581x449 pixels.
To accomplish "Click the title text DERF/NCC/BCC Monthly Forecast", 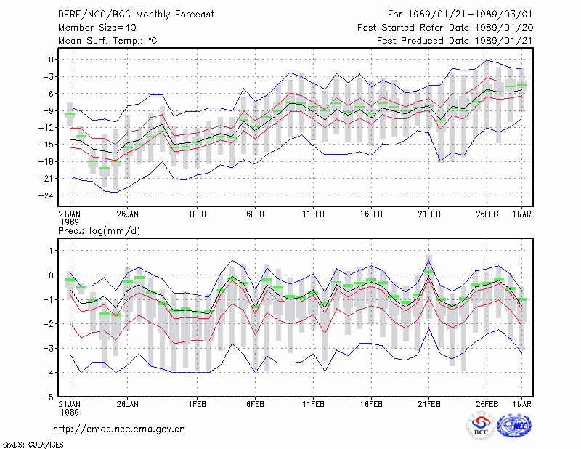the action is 136,15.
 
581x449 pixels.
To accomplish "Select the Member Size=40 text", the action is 97,28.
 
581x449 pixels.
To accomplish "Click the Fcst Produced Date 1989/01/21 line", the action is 455,41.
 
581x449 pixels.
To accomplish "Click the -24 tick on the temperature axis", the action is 46,195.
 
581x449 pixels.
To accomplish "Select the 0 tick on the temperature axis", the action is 51,60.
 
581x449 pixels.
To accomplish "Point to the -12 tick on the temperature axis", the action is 46,128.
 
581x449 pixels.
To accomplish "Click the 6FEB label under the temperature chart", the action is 255,214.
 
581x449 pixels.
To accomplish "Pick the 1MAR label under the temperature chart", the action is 522,214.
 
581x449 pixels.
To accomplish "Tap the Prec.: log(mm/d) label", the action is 99,231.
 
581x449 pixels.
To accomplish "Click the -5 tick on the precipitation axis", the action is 49,397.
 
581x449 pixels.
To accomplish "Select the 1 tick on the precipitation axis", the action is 51,251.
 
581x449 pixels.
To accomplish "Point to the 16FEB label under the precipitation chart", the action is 371,404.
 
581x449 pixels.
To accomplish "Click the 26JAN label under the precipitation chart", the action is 128,404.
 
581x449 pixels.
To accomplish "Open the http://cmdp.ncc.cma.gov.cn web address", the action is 119,429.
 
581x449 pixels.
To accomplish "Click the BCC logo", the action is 481,426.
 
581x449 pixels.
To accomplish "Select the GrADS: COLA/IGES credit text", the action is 33,445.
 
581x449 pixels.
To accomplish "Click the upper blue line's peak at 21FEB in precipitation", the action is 429,261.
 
